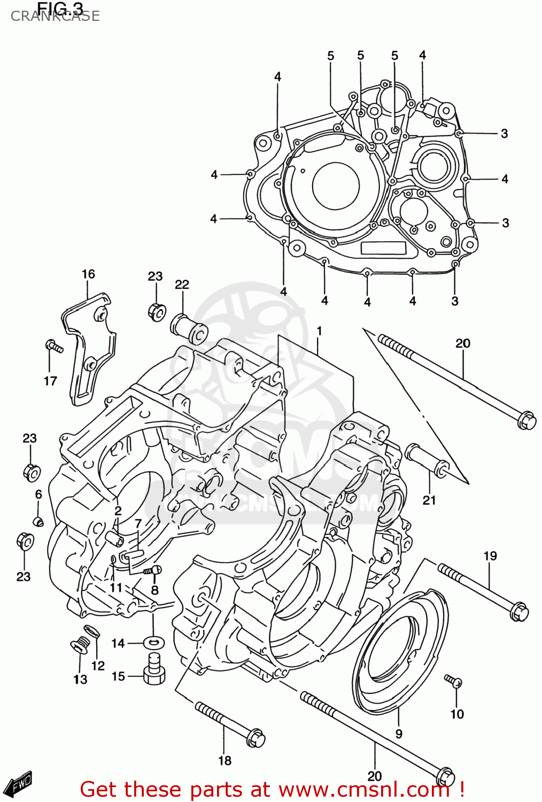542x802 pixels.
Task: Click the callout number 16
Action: point(88,274)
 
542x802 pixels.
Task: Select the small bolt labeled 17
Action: point(53,346)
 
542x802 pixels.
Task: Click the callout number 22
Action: point(182,284)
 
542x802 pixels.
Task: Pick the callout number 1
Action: point(319,331)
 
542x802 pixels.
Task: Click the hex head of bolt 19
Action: point(519,611)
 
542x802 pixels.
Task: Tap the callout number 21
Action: point(429,500)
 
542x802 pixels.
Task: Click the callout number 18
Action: point(225,760)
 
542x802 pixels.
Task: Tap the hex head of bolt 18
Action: point(255,739)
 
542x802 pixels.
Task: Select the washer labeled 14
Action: point(154,642)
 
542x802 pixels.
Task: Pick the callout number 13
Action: point(80,679)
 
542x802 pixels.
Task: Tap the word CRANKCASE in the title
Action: point(55,16)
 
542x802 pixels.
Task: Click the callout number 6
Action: point(38,495)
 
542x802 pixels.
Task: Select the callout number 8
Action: point(154,590)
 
